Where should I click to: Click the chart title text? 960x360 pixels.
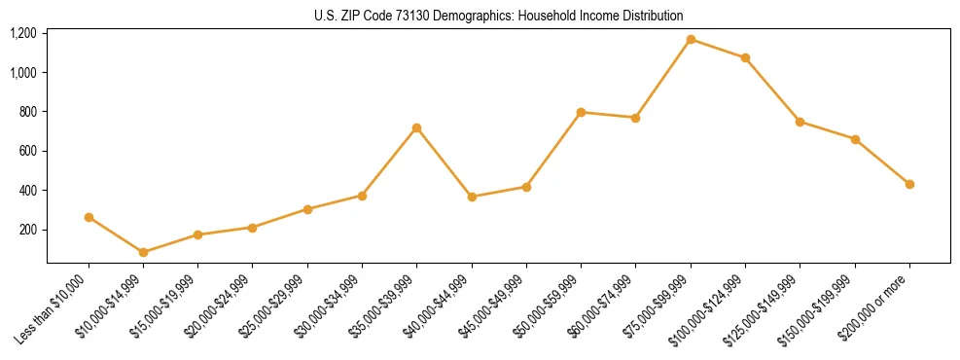pos(499,16)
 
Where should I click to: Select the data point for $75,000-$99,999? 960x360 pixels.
pos(691,40)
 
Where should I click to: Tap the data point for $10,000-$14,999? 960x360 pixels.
pos(144,252)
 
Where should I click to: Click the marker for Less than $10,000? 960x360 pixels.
pos(89,217)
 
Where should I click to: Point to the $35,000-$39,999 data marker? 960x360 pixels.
pos(417,127)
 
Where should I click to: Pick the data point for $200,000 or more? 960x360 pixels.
pos(909,184)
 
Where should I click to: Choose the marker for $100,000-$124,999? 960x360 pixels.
pos(745,58)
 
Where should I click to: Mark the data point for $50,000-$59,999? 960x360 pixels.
pos(581,112)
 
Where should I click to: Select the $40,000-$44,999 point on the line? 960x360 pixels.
pos(472,197)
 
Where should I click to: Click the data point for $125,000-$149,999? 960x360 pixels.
pos(800,122)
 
